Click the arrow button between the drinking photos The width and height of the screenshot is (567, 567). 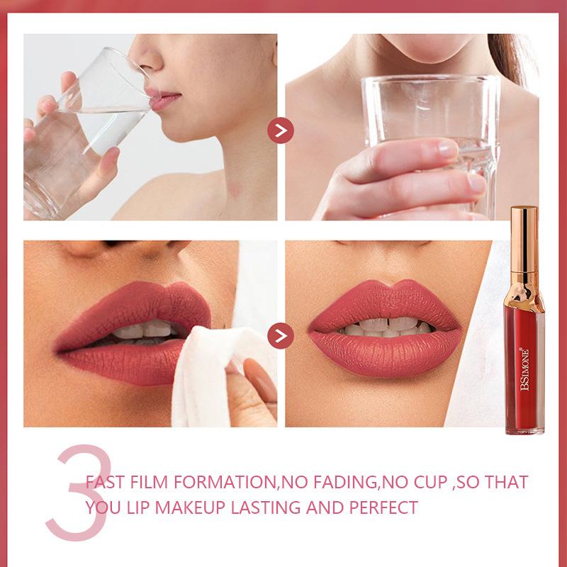coord(280,130)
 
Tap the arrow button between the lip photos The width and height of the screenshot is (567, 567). coord(280,336)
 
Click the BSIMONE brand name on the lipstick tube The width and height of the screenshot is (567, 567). coord(524,369)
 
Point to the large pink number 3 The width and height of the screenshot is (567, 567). coord(79,493)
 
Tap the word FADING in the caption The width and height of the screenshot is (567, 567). coord(345,482)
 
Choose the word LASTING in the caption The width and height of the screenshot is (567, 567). coord(265,507)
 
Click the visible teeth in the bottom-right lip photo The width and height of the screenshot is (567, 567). coord(386,327)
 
